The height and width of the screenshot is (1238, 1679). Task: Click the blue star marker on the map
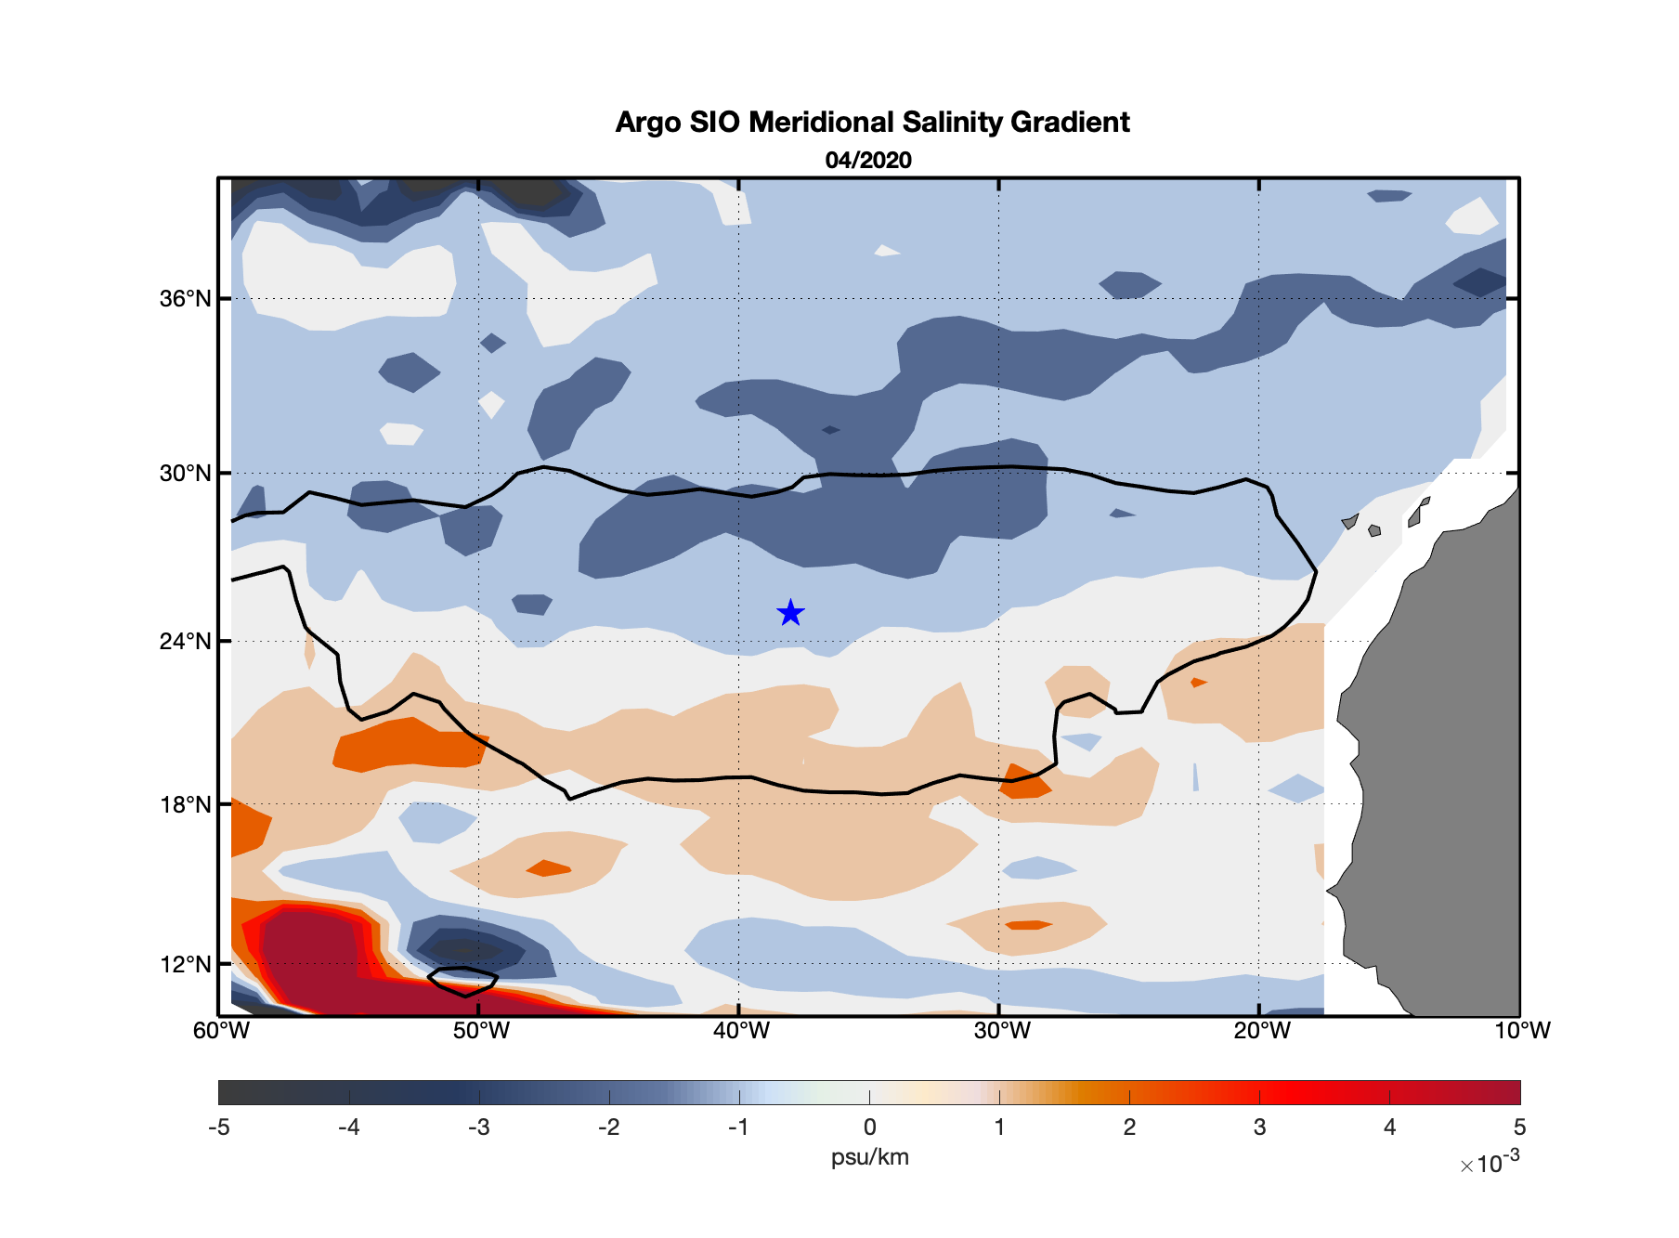tap(790, 613)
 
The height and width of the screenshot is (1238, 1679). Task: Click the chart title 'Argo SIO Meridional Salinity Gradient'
tap(872, 123)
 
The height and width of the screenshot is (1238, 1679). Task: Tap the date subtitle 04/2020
tap(868, 161)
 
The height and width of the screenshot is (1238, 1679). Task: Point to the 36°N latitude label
tap(186, 299)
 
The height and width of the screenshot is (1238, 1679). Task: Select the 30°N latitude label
tap(186, 474)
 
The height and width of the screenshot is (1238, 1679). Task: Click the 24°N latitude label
tap(186, 642)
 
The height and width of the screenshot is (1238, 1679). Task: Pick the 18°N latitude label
tap(186, 804)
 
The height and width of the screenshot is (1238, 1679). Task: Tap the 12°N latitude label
tap(186, 964)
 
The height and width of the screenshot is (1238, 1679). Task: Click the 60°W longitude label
tap(221, 1031)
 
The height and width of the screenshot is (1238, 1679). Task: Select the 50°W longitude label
tap(481, 1031)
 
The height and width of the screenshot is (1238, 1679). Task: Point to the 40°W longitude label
tap(741, 1031)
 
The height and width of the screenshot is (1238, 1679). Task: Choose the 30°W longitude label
tap(1002, 1031)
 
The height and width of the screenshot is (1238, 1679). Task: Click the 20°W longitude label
tap(1262, 1031)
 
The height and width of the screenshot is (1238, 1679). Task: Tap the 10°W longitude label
tap(1522, 1031)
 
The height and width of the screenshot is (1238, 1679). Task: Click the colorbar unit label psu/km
tap(870, 1157)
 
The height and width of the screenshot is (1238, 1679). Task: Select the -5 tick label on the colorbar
tap(219, 1127)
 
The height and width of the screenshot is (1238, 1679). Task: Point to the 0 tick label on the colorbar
tap(870, 1127)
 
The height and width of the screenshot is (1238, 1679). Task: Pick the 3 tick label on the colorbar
tap(1260, 1127)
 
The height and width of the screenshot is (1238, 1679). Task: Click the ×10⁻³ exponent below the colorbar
tap(1490, 1163)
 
